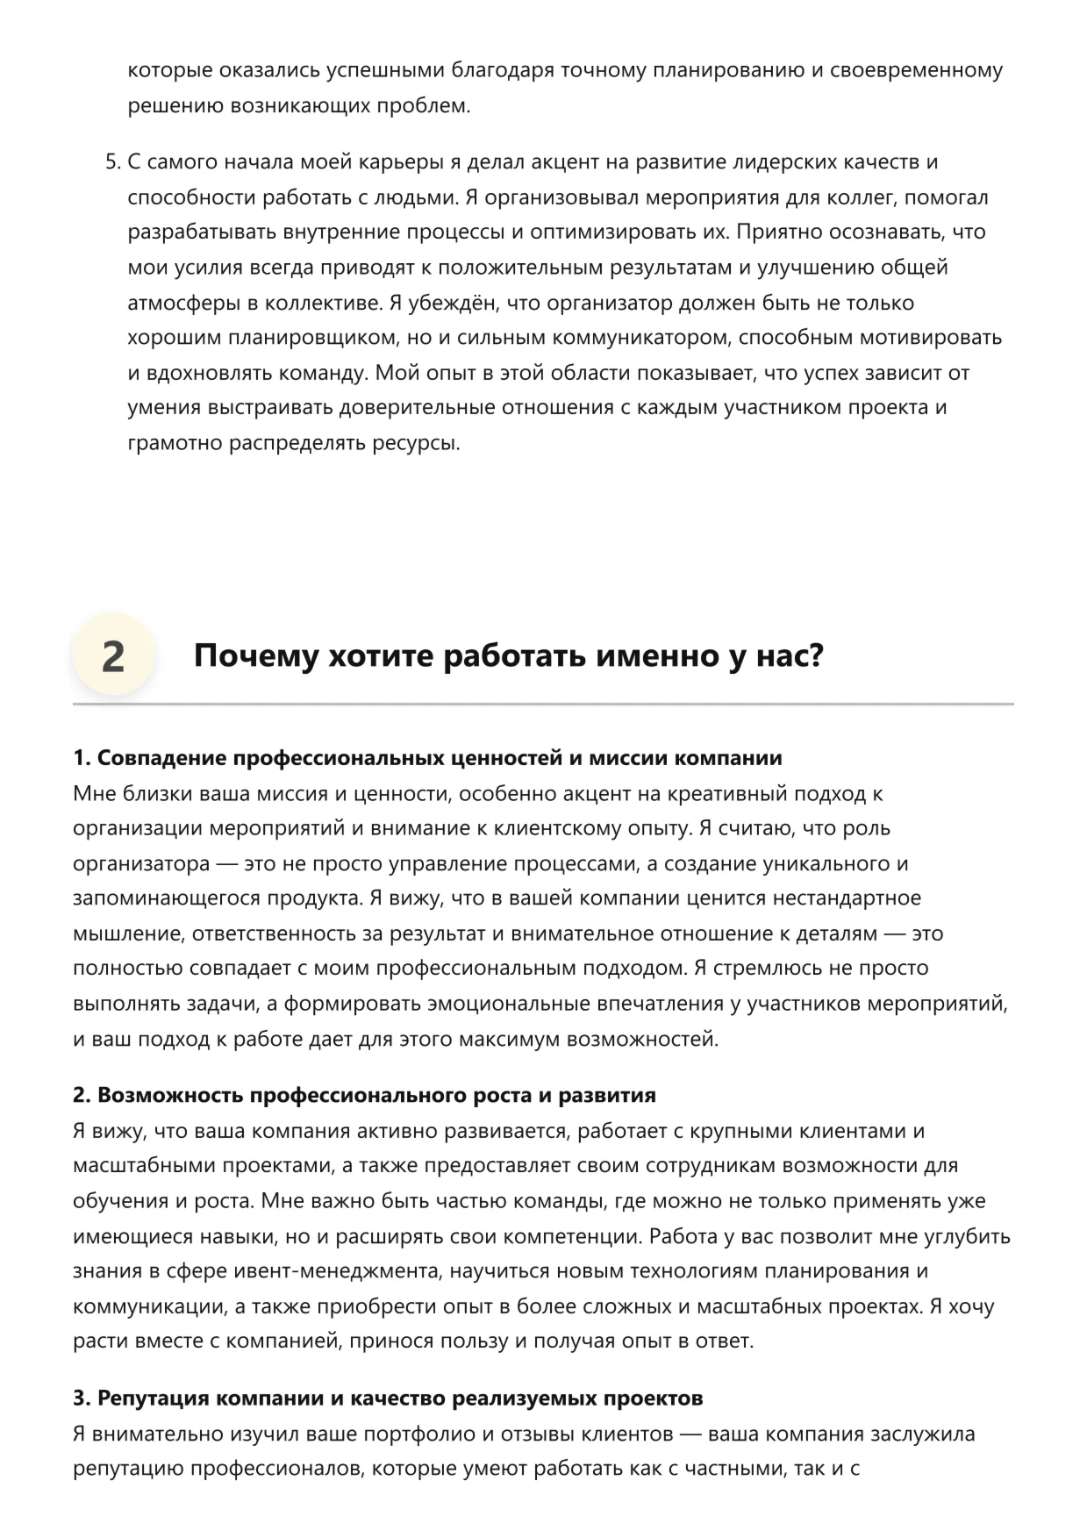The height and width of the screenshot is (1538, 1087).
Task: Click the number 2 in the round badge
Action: (x=113, y=656)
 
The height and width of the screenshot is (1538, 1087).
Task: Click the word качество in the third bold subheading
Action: (x=402, y=1398)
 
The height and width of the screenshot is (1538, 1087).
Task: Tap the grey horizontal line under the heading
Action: (x=543, y=704)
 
